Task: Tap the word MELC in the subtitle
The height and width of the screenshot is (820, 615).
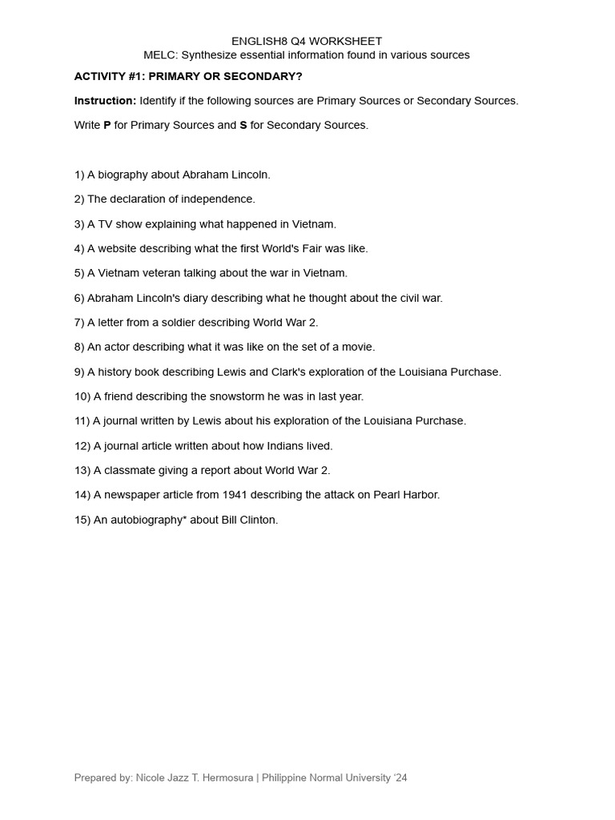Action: [x=159, y=55]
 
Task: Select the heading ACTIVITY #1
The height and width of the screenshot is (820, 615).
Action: [x=111, y=76]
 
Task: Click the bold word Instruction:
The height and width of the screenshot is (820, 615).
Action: [x=105, y=101]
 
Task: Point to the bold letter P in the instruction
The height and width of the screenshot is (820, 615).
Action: [x=107, y=126]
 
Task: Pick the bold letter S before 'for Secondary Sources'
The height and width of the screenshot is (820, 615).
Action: [x=243, y=126]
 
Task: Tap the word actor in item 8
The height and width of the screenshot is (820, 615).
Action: [x=117, y=348]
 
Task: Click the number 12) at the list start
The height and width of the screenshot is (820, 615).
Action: [x=82, y=446]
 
